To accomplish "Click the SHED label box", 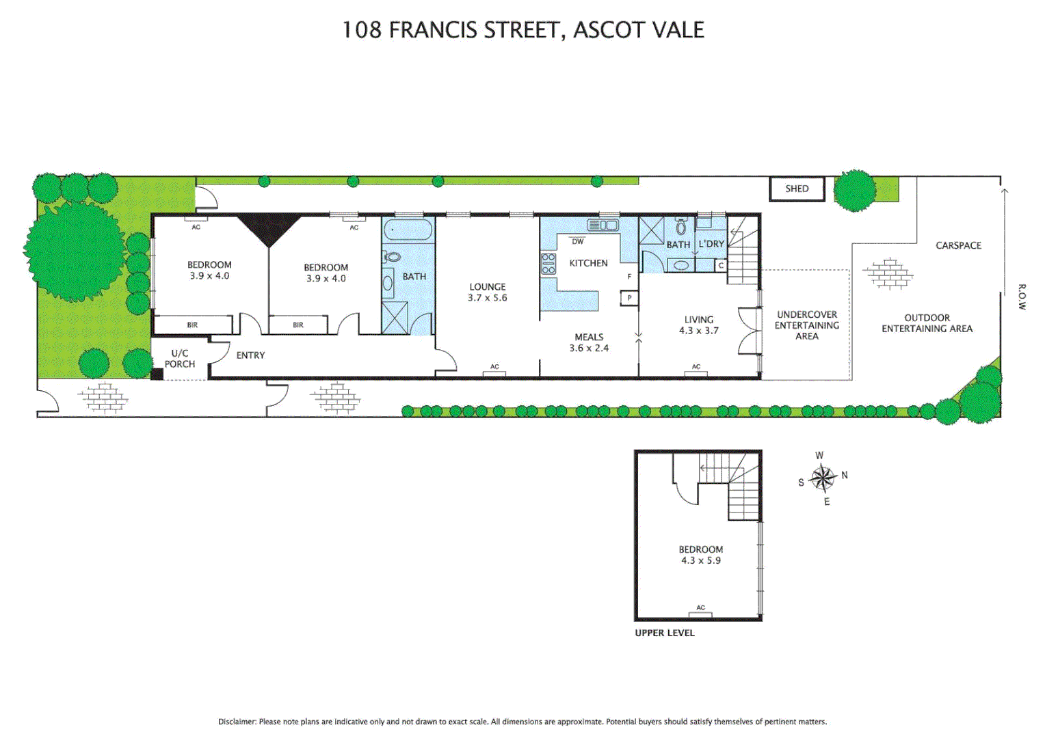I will pyautogui.click(x=797, y=189).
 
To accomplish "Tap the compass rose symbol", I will pyautogui.click(x=823, y=478).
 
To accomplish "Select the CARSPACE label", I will pyautogui.click(x=958, y=245).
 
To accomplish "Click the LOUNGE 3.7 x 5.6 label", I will pyautogui.click(x=488, y=292).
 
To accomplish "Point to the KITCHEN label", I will pyautogui.click(x=588, y=263).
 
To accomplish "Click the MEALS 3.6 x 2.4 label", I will pyautogui.click(x=589, y=342).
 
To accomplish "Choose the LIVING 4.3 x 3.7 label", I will pyautogui.click(x=698, y=325).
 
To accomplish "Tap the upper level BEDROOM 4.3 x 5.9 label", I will pyautogui.click(x=700, y=555).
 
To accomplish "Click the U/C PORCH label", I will pyautogui.click(x=180, y=359).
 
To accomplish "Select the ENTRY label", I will pyautogui.click(x=250, y=355).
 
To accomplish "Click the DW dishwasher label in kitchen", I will pyautogui.click(x=578, y=241).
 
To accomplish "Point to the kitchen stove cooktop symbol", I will pyautogui.click(x=548, y=264).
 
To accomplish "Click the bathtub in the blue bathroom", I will pyautogui.click(x=408, y=230).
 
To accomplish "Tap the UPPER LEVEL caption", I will pyautogui.click(x=664, y=633).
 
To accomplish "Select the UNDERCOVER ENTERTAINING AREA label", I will pyautogui.click(x=806, y=325).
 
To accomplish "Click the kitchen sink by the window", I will pyautogui.click(x=603, y=225).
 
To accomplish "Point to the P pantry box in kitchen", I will pyautogui.click(x=629, y=298).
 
